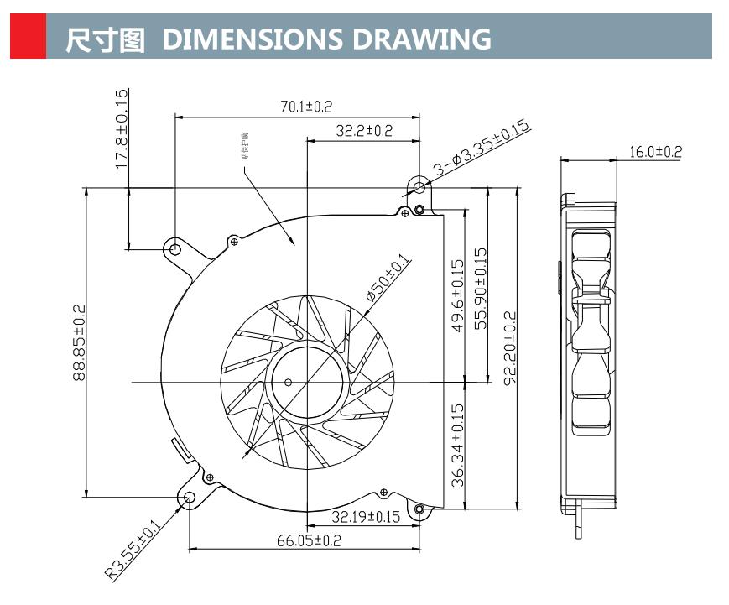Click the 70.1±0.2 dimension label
(x=306, y=107)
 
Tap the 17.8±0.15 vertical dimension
(x=122, y=130)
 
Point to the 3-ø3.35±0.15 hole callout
(x=480, y=148)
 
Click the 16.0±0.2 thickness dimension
(x=655, y=152)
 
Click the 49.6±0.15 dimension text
(x=458, y=295)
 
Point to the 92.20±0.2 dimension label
(x=509, y=347)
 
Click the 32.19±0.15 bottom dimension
(x=366, y=516)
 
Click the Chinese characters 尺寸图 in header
(x=106, y=39)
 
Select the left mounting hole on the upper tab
(x=174, y=249)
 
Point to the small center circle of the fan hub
(x=289, y=383)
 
